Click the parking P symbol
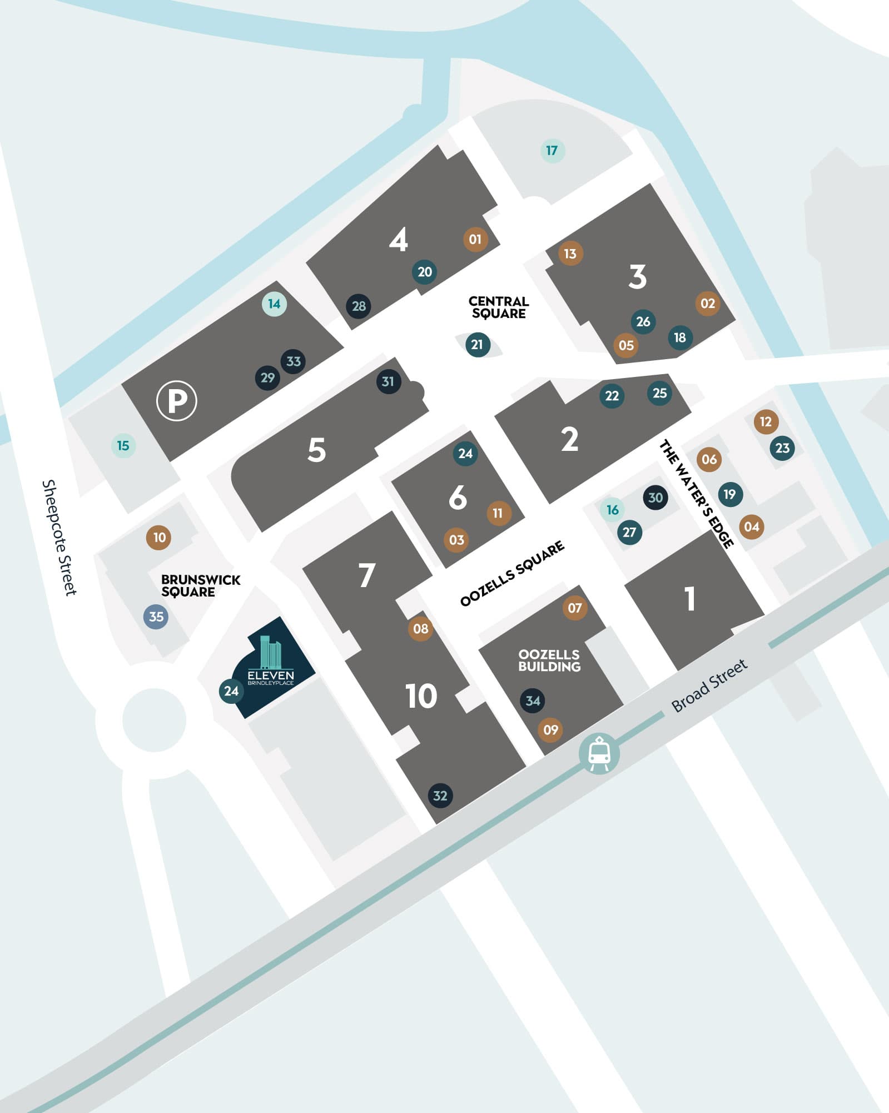(x=177, y=400)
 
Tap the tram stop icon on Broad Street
(x=599, y=753)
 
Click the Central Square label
(x=499, y=307)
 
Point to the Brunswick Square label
(x=200, y=586)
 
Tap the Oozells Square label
(x=512, y=573)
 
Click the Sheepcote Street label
(x=59, y=538)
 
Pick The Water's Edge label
(x=697, y=494)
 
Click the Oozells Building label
(x=549, y=660)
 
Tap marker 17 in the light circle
(x=552, y=151)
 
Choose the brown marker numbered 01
(x=475, y=240)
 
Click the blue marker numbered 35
(x=156, y=617)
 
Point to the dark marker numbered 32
(x=440, y=796)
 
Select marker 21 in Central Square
(x=477, y=345)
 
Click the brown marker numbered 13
(x=570, y=254)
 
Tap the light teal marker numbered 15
(x=123, y=446)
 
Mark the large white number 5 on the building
(x=316, y=450)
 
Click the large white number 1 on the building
(x=690, y=599)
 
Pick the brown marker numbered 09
(x=550, y=729)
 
